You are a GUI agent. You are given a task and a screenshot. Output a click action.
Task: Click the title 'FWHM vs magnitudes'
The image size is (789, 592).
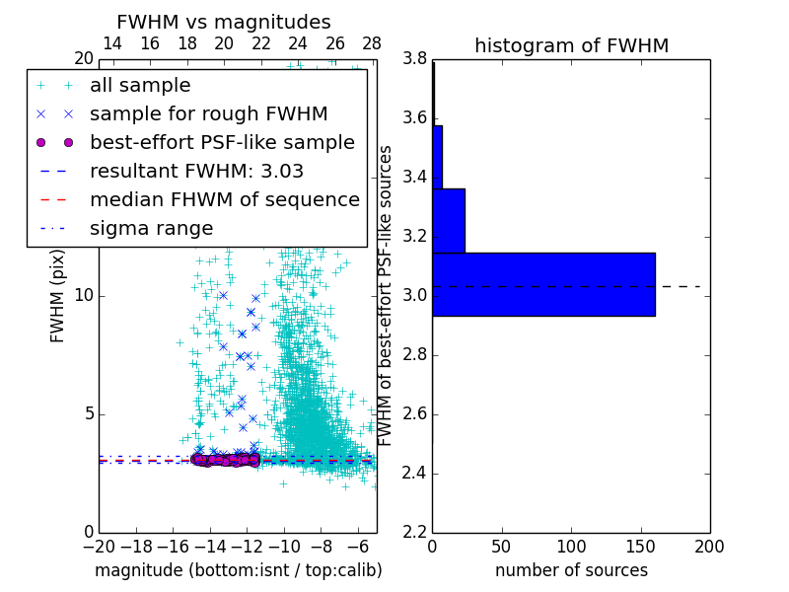[224, 22]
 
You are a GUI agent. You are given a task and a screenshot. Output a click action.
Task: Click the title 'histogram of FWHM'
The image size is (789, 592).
[571, 45]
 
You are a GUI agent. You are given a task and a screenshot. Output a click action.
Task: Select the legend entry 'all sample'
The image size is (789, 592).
[140, 86]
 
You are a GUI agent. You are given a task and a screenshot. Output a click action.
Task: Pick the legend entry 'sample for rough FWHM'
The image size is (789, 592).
[208, 113]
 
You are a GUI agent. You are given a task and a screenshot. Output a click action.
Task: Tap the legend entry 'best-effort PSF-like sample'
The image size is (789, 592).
[222, 142]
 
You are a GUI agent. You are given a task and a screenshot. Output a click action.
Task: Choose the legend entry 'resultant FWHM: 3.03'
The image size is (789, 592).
[196, 171]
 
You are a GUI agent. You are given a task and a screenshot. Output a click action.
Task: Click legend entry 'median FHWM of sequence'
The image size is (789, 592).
[224, 199]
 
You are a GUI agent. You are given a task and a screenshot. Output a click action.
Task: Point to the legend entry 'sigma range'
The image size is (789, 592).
[151, 228]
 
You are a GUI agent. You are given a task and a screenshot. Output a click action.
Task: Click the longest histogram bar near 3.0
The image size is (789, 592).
[543, 284]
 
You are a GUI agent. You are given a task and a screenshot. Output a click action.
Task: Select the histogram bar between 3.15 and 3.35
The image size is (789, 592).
[449, 220]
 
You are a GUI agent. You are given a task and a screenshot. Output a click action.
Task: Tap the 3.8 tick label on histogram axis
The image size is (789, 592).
[414, 59]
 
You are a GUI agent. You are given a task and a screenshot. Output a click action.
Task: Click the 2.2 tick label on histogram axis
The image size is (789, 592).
[414, 532]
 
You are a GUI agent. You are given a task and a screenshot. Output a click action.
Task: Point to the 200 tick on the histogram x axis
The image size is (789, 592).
[709, 546]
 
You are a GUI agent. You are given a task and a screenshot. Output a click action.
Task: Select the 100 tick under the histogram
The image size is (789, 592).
[571, 546]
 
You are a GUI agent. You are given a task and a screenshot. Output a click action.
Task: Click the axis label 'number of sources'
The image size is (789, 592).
[571, 570]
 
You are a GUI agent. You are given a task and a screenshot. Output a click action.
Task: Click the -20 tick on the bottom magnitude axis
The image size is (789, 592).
[98, 546]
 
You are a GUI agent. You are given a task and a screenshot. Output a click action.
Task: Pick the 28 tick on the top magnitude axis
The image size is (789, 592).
[372, 43]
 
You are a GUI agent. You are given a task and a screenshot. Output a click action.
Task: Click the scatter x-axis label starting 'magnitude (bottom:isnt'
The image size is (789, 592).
[238, 570]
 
